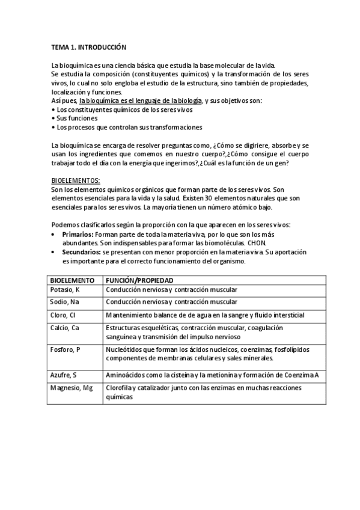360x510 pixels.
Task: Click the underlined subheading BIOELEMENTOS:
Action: coord(76,180)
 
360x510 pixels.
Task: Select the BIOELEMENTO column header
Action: coord(72,280)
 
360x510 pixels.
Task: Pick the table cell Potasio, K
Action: coord(66,290)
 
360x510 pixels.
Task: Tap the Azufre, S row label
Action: coord(64,375)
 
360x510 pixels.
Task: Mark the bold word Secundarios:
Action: coord(82,253)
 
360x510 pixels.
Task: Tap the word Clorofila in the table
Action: coord(120,388)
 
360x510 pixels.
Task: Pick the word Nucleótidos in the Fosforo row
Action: coord(124,349)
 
